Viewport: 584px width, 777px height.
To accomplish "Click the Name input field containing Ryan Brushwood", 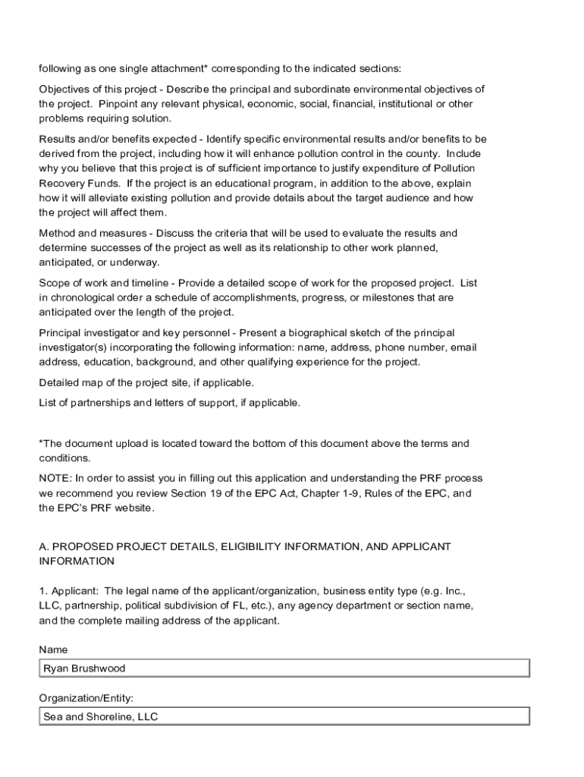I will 284,668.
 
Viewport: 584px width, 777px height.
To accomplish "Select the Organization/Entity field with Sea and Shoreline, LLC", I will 284,716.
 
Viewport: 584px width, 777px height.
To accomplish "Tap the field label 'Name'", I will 53,650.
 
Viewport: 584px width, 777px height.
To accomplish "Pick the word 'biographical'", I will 312,332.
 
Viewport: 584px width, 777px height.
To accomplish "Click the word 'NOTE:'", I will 55,478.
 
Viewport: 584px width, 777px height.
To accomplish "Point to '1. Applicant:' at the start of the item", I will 69,590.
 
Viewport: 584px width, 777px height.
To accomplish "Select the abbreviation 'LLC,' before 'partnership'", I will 50,606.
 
